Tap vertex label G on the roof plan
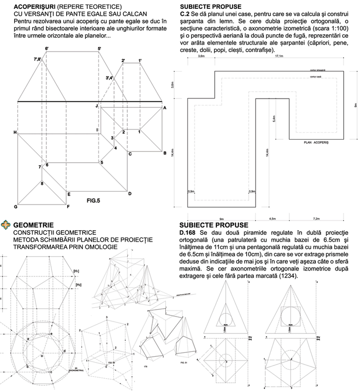(16, 207)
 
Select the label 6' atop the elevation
(47, 49)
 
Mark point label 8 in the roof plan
(42, 184)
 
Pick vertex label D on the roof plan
(129, 194)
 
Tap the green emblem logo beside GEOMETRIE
(6, 225)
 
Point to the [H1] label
(77, 270)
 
